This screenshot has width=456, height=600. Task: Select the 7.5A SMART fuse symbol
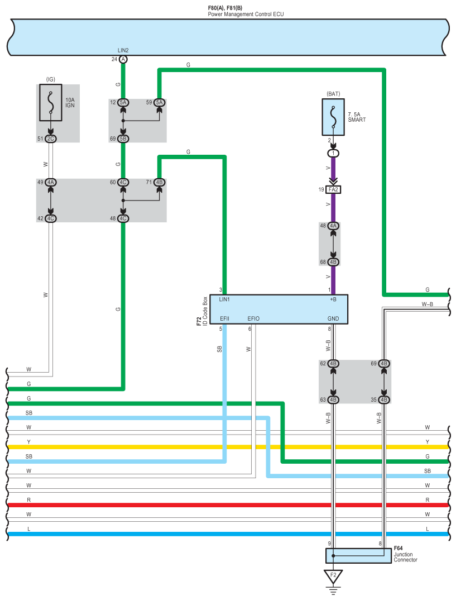[333, 117]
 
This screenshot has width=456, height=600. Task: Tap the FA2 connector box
[333, 190]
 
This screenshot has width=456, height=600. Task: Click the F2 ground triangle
[333, 576]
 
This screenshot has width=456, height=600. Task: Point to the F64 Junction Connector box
[358, 556]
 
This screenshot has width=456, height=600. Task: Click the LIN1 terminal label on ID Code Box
[225, 300]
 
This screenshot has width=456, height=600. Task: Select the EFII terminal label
[224, 318]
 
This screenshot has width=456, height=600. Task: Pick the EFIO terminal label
[253, 318]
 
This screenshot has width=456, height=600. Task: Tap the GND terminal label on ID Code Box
[333, 318]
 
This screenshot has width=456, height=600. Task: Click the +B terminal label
[333, 300]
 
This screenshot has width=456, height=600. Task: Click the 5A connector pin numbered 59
[160, 103]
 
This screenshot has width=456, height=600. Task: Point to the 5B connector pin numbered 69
[123, 138]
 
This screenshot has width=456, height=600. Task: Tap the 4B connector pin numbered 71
[160, 182]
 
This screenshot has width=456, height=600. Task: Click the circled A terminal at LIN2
[123, 59]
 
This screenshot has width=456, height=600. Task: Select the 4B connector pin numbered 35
[383, 399]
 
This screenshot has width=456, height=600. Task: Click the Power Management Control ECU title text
[246, 14]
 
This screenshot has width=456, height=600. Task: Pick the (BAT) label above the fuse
[333, 94]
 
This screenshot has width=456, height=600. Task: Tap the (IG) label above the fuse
[51, 80]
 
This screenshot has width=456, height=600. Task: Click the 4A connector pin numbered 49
[51, 182]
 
